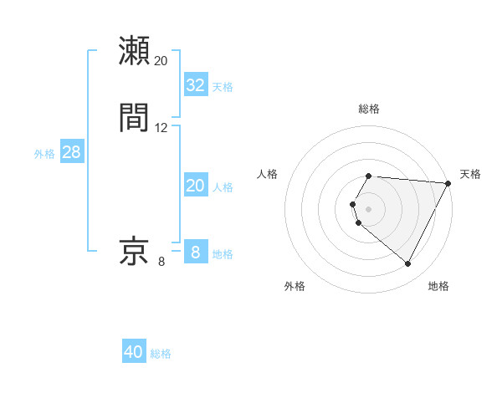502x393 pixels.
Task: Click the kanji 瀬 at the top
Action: pyautogui.click(x=135, y=51)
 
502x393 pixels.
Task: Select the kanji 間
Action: pyautogui.click(x=135, y=117)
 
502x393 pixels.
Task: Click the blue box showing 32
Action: pyautogui.click(x=196, y=85)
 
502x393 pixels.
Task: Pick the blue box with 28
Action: pyautogui.click(x=71, y=153)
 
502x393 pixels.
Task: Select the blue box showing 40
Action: pyautogui.click(x=134, y=352)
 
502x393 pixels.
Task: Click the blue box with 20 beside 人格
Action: pyautogui.click(x=196, y=186)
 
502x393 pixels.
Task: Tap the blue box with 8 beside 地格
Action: pyautogui.click(x=195, y=253)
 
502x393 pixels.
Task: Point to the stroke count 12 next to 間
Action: pyautogui.click(x=161, y=128)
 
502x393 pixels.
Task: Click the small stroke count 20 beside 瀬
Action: pyautogui.click(x=161, y=61)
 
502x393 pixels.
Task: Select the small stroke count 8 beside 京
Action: pyautogui.click(x=161, y=262)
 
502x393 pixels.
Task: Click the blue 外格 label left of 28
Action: pyautogui.click(x=44, y=154)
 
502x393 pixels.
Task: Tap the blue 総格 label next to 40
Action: pyautogui.click(x=161, y=354)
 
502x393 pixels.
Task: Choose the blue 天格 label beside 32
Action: pyautogui.click(x=223, y=87)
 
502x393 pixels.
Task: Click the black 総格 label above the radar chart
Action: pyautogui.click(x=369, y=109)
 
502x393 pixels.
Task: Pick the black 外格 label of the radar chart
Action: pyautogui.click(x=295, y=286)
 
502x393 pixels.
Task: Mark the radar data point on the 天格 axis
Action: pyautogui.click(x=448, y=183)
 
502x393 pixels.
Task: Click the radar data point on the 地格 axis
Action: pyautogui.click(x=408, y=263)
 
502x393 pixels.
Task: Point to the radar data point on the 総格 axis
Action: pyautogui.click(x=369, y=176)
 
